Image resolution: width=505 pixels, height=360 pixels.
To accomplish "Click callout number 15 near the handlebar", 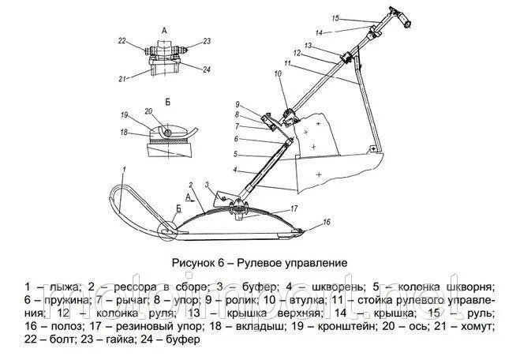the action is point(335,17).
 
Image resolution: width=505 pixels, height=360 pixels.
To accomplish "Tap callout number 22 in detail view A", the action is point(122,39).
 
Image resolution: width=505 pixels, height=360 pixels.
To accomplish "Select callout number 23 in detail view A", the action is point(207,41).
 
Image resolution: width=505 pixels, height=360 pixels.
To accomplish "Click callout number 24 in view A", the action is point(207,69).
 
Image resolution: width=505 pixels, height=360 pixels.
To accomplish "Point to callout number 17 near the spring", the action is point(293,208).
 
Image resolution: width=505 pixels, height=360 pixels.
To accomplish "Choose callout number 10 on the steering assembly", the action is point(277,73).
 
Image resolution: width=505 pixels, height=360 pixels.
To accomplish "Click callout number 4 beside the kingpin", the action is point(234,170).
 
